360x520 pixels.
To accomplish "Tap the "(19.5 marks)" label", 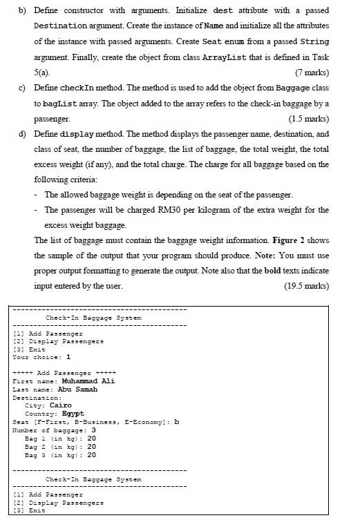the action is (307, 286).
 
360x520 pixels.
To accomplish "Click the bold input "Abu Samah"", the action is (77, 389).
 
